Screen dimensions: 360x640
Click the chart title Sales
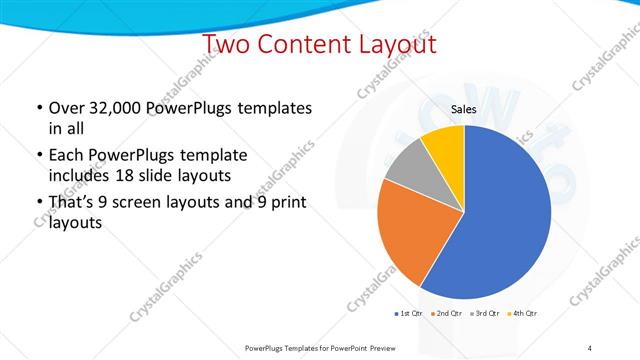click(463, 112)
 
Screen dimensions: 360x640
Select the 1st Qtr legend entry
click(409, 314)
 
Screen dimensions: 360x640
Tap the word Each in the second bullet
click(66, 155)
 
